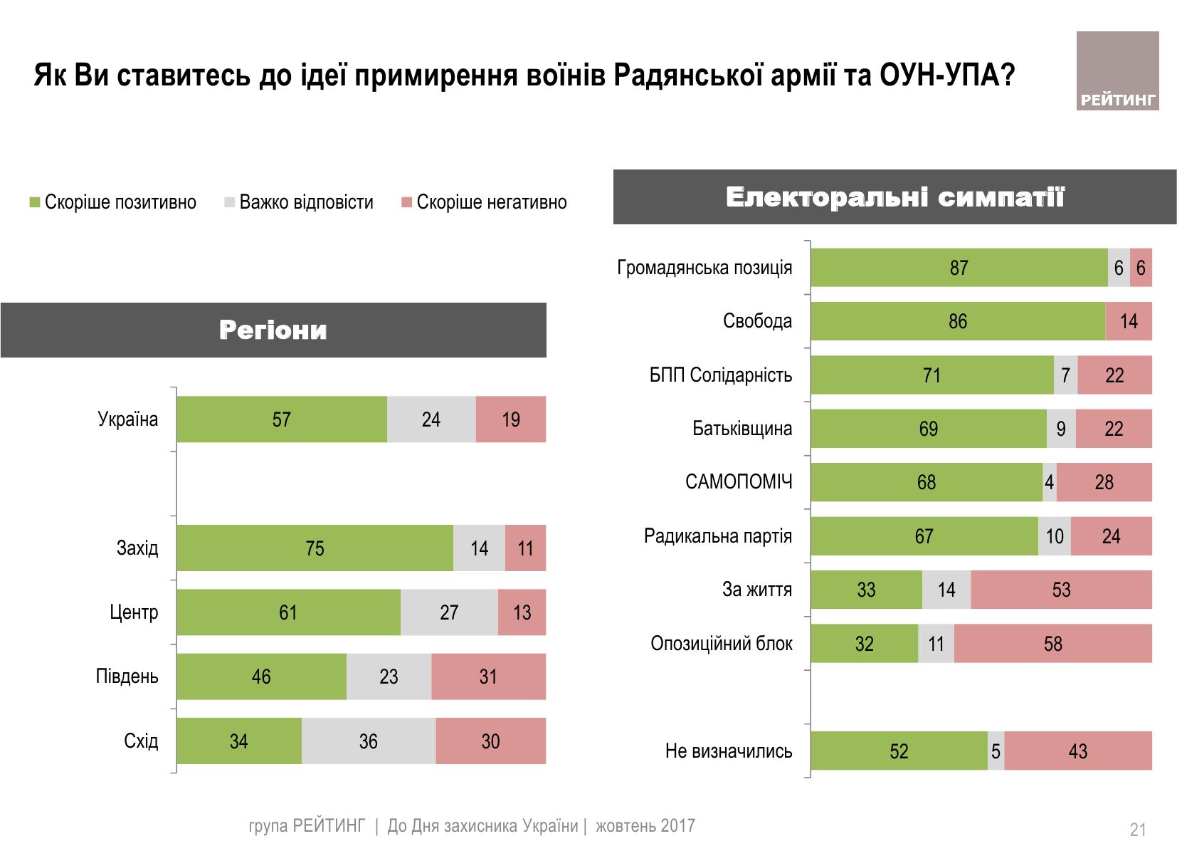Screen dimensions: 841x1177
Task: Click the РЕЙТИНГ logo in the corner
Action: (1117, 71)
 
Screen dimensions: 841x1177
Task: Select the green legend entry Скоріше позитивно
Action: (112, 202)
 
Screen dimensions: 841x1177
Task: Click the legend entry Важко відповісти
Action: (298, 202)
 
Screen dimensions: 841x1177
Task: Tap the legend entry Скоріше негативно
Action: (484, 202)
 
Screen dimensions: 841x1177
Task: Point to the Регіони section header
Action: (273, 330)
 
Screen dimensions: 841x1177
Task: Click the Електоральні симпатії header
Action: (894, 197)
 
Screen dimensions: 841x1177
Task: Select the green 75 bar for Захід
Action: (315, 548)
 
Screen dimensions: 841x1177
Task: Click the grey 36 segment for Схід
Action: (368, 741)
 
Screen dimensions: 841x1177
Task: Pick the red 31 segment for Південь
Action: (488, 677)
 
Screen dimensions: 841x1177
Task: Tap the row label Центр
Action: (134, 612)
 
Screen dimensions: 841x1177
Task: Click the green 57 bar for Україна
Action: (282, 419)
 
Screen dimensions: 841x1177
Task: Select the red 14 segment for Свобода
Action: (1129, 321)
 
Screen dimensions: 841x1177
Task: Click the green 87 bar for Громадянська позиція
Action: (959, 268)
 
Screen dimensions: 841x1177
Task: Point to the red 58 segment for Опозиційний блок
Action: (1052, 644)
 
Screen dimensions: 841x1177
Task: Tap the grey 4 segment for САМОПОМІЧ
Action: (1049, 482)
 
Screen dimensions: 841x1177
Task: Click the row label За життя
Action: (757, 590)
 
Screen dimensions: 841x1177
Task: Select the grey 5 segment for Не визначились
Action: (996, 751)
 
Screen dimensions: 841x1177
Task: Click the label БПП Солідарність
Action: (721, 375)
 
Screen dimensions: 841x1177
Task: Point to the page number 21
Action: (1137, 830)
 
